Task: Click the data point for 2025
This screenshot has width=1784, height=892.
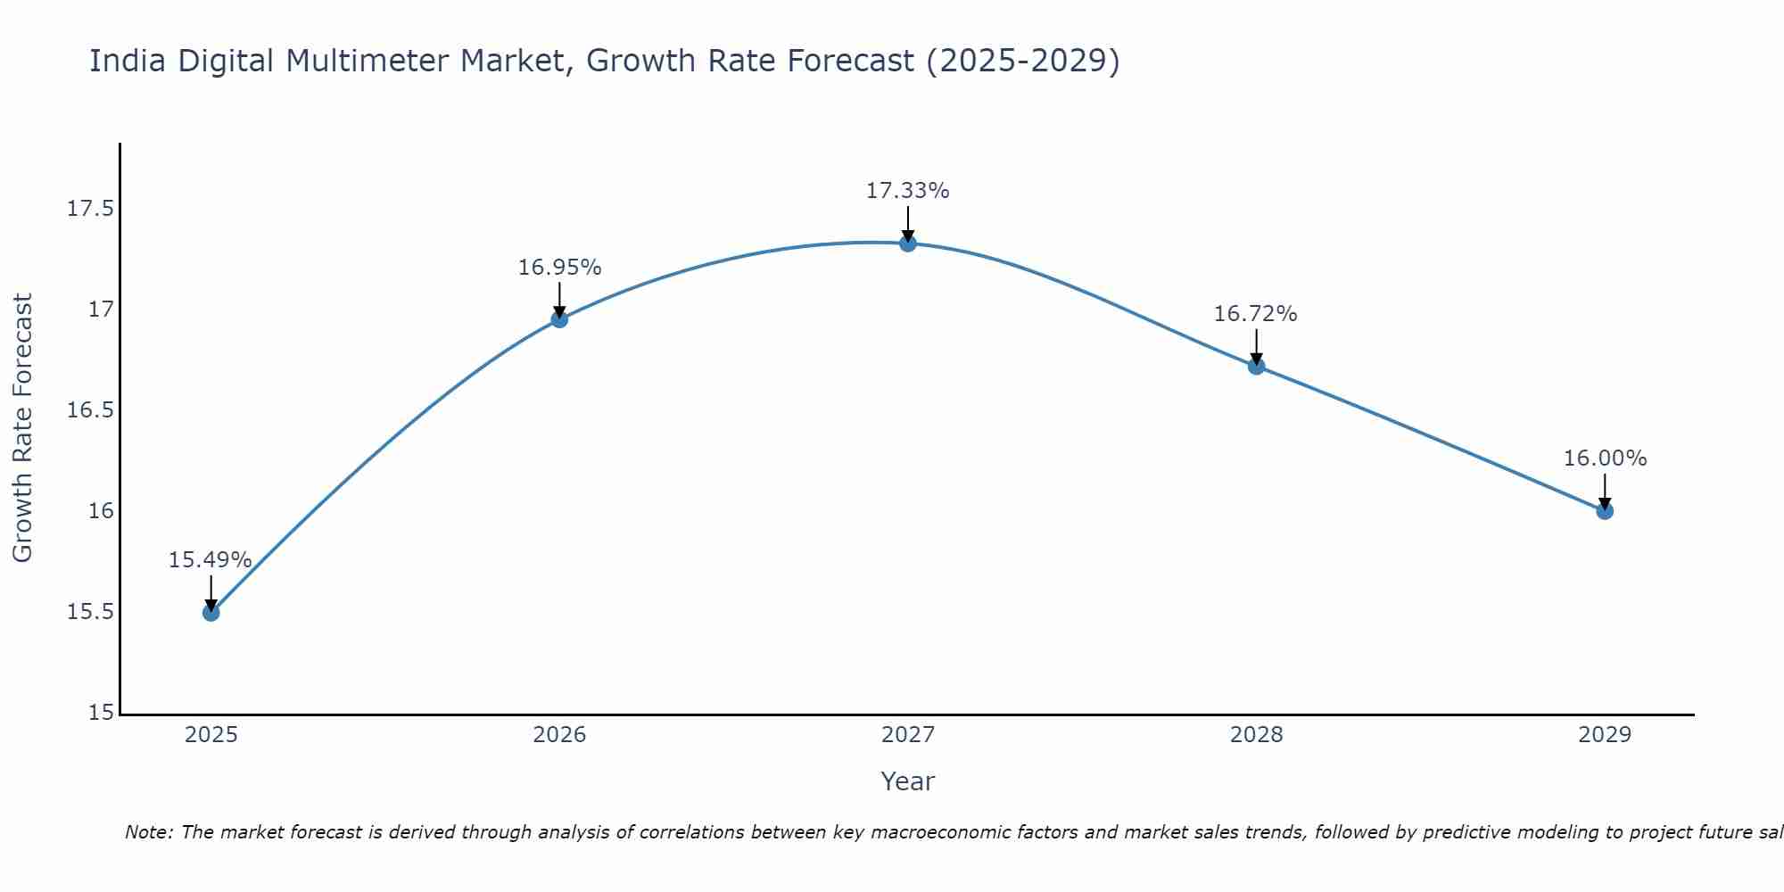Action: (211, 612)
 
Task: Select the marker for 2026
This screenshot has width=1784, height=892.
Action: (559, 319)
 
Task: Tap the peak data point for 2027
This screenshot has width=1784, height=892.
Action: (908, 244)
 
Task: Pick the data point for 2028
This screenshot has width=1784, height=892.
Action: (1257, 366)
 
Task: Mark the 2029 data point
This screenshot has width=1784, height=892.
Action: (1605, 511)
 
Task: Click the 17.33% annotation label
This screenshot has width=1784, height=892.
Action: (908, 191)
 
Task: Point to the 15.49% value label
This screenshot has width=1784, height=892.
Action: (211, 560)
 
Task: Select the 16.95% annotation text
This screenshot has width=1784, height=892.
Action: (560, 268)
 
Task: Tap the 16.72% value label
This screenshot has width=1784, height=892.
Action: (1256, 314)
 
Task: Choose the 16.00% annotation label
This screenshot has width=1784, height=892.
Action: (1605, 458)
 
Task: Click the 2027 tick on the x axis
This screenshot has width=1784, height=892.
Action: (908, 735)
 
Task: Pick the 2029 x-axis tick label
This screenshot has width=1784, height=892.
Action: (1605, 735)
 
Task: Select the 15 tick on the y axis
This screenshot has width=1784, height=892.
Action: (103, 713)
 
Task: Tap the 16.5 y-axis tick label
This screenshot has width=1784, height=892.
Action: (91, 410)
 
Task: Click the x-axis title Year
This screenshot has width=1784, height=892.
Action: (908, 781)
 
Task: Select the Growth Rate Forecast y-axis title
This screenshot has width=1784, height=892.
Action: (23, 428)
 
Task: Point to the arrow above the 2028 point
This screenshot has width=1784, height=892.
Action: (1257, 346)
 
